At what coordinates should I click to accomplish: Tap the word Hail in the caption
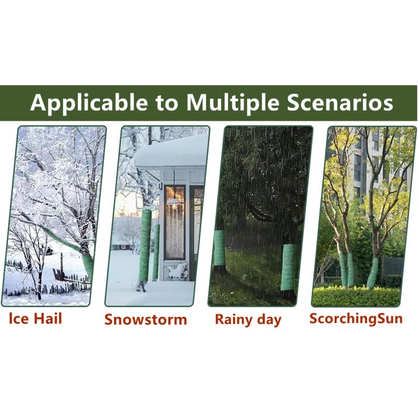[x=48, y=319]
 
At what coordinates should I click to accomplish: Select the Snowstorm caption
[x=145, y=320]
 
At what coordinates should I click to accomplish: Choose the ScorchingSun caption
[x=356, y=319]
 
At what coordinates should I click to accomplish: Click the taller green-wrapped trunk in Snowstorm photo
[x=145, y=246]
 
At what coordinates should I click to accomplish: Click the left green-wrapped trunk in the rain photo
[x=219, y=248]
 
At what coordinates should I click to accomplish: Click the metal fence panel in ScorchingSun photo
[x=393, y=266]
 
